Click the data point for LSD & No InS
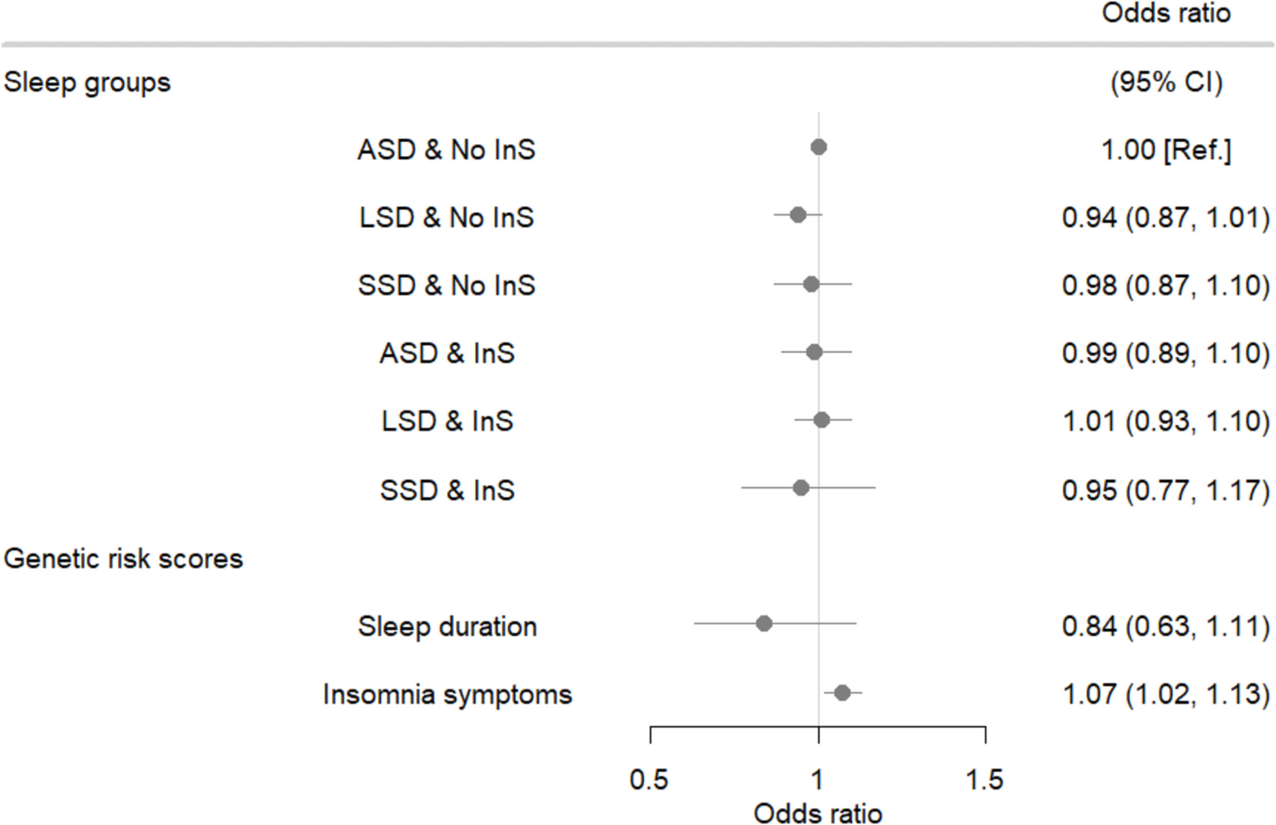click(797, 216)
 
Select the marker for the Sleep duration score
click(764, 624)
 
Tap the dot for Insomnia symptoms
click(842, 693)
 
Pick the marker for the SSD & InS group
click(801, 488)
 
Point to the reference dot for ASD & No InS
click(819, 147)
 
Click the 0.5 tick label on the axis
click(649, 779)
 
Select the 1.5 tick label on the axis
click(984, 779)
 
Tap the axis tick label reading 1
click(817, 779)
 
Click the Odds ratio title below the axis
click(817, 813)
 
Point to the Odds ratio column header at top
click(1166, 14)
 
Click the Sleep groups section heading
click(87, 83)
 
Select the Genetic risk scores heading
click(124, 559)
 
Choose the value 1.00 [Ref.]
click(1166, 150)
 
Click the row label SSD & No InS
click(446, 285)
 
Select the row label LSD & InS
click(447, 421)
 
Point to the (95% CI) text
click(1166, 83)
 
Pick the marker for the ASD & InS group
click(814, 352)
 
